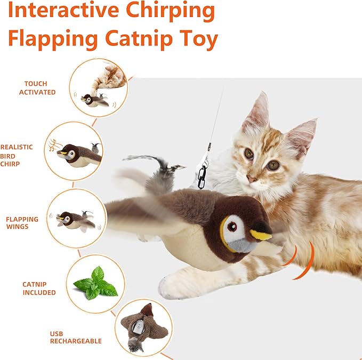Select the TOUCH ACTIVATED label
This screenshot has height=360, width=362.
(x=37, y=88)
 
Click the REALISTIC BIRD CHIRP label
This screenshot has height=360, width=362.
(x=17, y=155)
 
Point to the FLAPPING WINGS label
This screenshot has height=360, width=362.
(x=22, y=223)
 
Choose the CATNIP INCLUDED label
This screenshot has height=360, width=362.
(x=39, y=289)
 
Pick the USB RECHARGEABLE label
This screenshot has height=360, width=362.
(x=75, y=338)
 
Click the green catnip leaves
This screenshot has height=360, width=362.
(x=95, y=283)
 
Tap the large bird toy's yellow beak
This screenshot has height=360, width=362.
(x=261, y=234)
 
